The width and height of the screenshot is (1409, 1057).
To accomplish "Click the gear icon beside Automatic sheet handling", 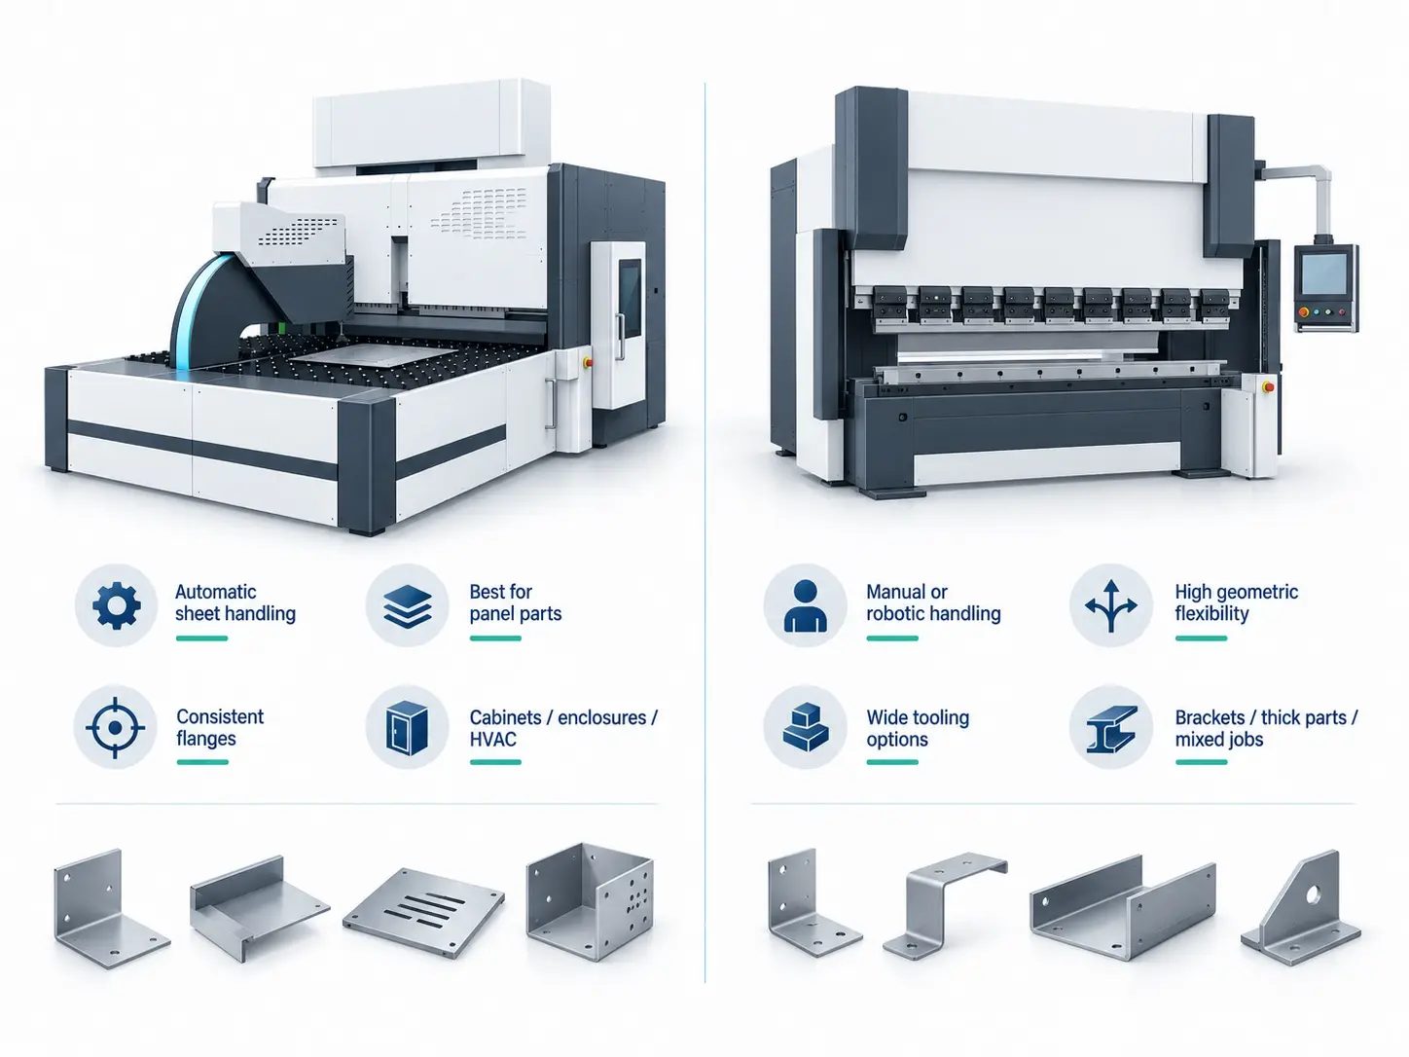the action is click(116, 605).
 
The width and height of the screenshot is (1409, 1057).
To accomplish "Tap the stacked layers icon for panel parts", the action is click(407, 605).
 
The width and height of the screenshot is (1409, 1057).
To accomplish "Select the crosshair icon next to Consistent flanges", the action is click(116, 727).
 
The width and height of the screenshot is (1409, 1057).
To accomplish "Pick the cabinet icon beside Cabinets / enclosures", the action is click(407, 727).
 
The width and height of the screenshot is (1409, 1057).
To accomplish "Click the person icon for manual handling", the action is click(806, 605).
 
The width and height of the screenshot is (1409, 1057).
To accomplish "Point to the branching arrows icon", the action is click(1111, 605).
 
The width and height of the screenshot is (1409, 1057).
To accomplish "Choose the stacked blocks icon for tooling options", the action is click(806, 727).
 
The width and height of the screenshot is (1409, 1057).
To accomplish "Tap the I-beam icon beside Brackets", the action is click(1111, 728).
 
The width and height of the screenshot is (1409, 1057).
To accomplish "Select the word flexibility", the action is click(1211, 613).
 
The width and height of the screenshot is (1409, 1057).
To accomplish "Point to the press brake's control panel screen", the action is click(1323, 273).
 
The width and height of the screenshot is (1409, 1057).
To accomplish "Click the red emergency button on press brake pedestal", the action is click(1269, 387).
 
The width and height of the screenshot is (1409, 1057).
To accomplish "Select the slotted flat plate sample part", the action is click(423, 914).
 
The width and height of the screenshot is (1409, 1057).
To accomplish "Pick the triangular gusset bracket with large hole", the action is click(1301, 911).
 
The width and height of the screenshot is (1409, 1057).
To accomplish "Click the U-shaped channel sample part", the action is click(1122, 907).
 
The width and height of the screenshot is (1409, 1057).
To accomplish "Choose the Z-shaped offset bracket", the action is click(944, 906).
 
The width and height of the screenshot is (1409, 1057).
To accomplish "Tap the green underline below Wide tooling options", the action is click(892, 762).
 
